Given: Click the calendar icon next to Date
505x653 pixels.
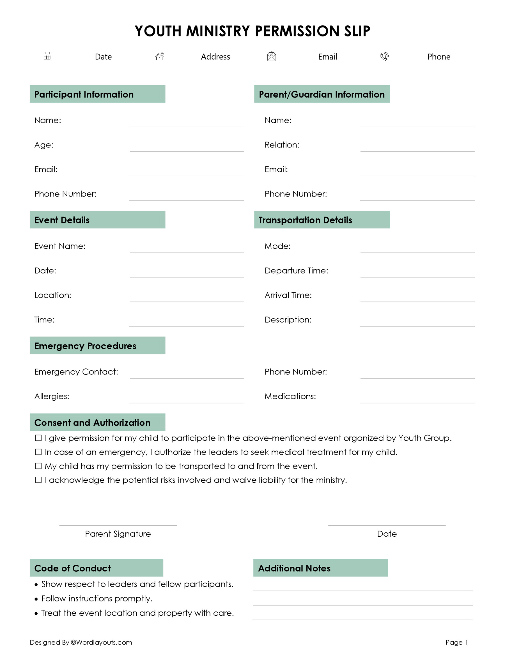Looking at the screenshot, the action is tap(47, 56).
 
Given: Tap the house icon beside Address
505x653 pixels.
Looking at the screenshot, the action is tap(159, 56).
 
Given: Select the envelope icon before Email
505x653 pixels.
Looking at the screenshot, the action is tap(271, 56).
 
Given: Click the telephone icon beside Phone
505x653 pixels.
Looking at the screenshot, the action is tap(384, 56).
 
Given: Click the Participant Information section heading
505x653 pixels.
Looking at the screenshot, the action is tap(84, 94).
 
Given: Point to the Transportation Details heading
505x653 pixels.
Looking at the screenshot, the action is tap(305, 220).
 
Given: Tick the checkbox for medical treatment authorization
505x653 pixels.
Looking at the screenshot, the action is tap(38, 452).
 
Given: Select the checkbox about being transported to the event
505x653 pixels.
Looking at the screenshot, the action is tap(38, 466).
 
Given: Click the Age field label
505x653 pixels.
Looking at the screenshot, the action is tap(44, 145).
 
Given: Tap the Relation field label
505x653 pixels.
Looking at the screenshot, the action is tap(282, 145).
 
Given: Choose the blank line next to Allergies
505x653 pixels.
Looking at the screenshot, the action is tap(186, 400).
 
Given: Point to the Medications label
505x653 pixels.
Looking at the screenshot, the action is tap(290, 396).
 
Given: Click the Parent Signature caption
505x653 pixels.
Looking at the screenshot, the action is tap(118, 534).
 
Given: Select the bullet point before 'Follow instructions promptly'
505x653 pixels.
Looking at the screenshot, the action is tap(36, 599).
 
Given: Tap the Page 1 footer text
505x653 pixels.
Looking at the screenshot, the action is tap(456, 642).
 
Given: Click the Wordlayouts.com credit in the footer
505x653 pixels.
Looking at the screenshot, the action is tap(101, 642).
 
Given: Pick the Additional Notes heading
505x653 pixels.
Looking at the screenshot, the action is tap(294, 568).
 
